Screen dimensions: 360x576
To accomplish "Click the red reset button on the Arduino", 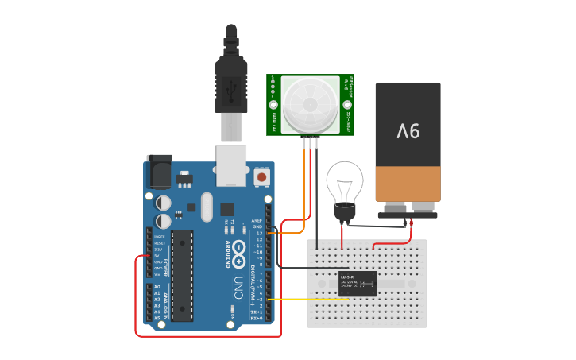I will pyautogui.click(x=262, y=176).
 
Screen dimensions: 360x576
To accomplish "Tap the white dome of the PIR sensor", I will pyautogui.click(x=310, y=103).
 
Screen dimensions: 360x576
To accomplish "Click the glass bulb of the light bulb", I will pyautogui.click(x=344, y=182).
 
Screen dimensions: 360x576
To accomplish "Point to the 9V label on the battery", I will pyautogui.click(x=408, y=130).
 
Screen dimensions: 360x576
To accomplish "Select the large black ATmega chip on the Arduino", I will pyautogui.click(x=182, y=275).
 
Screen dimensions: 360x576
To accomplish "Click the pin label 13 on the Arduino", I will pyautogui.click(x=258, y=234).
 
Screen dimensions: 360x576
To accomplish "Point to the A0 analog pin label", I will pyautogui.click(x=157, y=287).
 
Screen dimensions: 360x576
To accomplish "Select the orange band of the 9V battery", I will pyautogui.click(x=408, y=184).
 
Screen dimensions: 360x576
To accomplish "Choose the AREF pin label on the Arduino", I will pyautogui.click(x=257, y=221).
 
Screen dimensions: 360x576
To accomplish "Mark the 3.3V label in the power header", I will pyautogui.click(x=158, y=250).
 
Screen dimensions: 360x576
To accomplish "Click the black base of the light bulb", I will pyautogui.click(x=345, y=212).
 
